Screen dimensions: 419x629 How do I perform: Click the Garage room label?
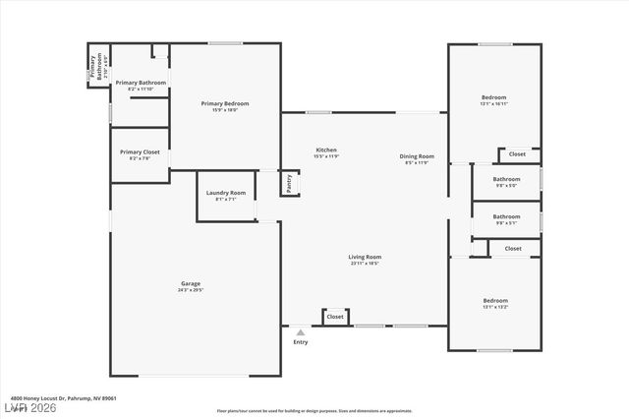tap(190, 283)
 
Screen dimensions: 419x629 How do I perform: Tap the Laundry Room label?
tap(225, 193)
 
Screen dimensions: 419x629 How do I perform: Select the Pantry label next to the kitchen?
tap(289, 183)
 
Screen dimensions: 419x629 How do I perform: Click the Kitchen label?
tap(326, 150)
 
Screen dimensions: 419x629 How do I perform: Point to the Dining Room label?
tap(417, 156)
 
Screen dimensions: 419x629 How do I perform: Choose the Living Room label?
tap(364, 258)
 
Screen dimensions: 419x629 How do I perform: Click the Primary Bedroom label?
tap(225, 103)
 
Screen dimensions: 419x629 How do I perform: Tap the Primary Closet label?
tap(140, 152)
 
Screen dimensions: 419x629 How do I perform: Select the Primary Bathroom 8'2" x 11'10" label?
tap(141, 83)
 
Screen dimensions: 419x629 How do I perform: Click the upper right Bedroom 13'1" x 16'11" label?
tap(493, 97)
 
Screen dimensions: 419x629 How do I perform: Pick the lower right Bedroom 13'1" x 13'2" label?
tap(494, 300)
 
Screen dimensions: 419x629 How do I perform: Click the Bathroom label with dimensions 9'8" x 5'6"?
tap(506, 179)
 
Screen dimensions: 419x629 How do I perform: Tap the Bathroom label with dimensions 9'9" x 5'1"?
tap(506, 216)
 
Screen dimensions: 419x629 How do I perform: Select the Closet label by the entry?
tap(335, 317)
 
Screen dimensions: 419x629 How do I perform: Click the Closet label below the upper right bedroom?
tap(517, 154)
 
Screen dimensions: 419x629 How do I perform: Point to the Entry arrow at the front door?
tap(300, 331)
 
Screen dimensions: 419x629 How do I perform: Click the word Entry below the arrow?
tap(300, 342)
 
